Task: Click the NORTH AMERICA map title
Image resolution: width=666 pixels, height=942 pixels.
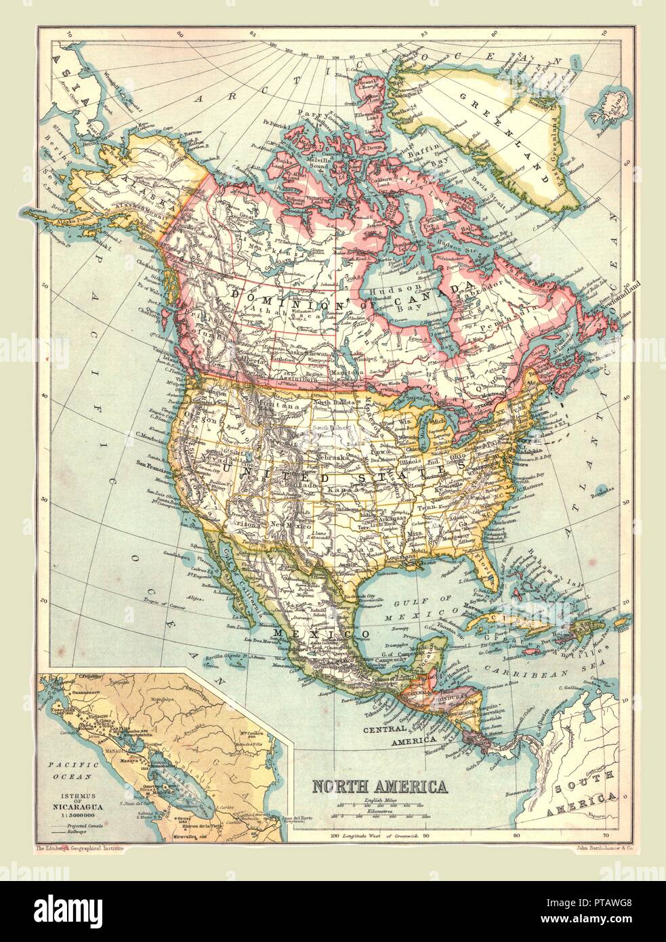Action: point(378,787)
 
